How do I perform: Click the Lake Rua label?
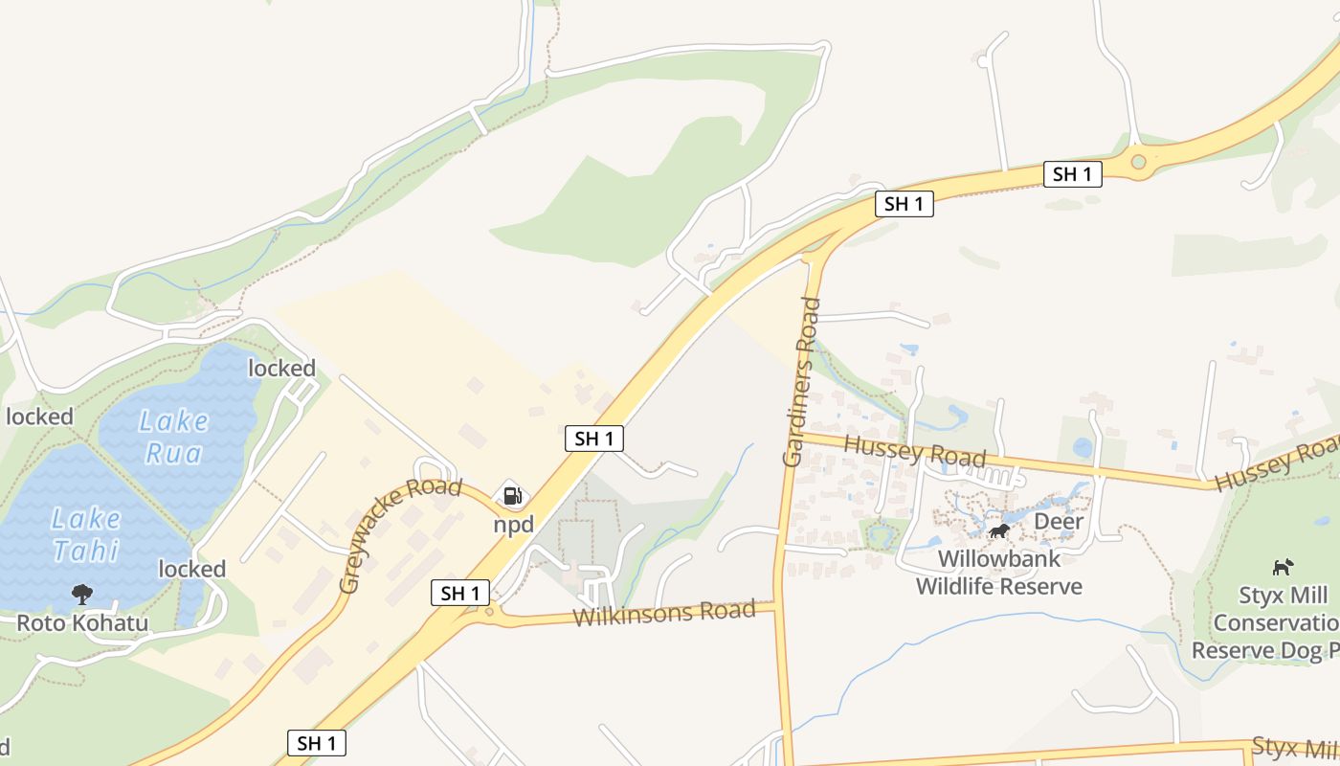(x=173, y=435)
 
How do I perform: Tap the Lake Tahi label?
(x=86, y=534)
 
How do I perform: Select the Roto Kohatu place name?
(x=82, y=624)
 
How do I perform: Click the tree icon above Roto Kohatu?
(x=82, y=594)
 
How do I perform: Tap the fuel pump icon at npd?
(x=513, y=495)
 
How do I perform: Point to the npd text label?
(x=513, y=525)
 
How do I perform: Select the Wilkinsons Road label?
(x=663, y=613)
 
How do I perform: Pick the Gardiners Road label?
(x=802, y=382)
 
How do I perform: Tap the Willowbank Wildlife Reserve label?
(x=998, y=573)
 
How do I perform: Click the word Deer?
(x=1059, y=522)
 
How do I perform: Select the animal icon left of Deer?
(x=999, y=530)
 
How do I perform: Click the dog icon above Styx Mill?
(x=1283, y=568)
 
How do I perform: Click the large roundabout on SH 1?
(x=1138, y=162)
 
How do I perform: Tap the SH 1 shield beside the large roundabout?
(x=1072, y=173)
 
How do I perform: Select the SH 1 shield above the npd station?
(x=594, y=439)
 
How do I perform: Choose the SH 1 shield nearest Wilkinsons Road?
(x=460, y=593)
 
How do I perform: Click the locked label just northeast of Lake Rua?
(x=281, y=369)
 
